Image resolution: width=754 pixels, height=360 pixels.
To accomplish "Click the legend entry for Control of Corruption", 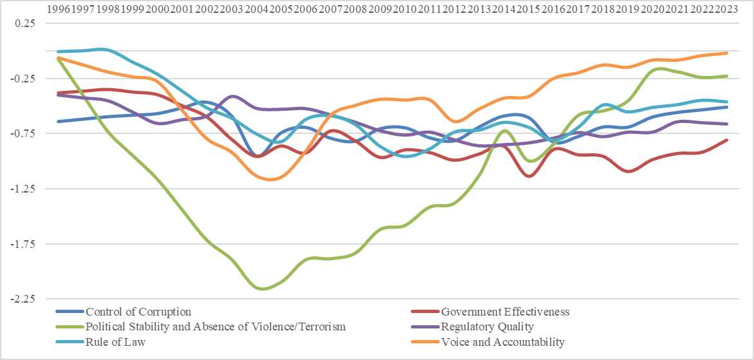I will [138, 312].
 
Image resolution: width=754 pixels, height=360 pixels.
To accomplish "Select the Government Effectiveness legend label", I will [504, 312].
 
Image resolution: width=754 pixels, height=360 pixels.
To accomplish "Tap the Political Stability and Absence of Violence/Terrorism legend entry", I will [216, 327].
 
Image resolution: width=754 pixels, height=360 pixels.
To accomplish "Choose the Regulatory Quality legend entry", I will [487, 327].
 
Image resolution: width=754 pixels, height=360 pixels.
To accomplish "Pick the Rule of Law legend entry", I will [116, 341].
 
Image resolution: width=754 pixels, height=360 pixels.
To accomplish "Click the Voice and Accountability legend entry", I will [502, 341].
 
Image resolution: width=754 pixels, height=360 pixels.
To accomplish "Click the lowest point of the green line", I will [263, 289].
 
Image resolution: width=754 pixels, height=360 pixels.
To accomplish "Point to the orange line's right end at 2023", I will [727, 53].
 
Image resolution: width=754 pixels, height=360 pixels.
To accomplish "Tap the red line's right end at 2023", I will [727, 140].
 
